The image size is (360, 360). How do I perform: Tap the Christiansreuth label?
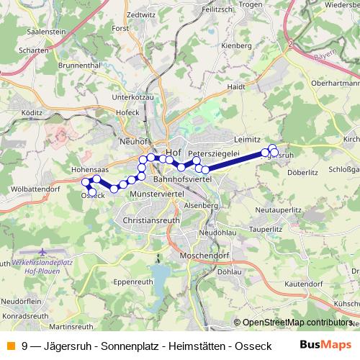coord(151,219)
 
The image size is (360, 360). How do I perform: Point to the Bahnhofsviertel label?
coord(182,177)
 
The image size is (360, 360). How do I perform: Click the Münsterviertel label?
coord(157,194)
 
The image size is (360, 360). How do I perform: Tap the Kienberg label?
coord(236,45)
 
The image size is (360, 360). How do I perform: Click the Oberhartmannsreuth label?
coord(334,82)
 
